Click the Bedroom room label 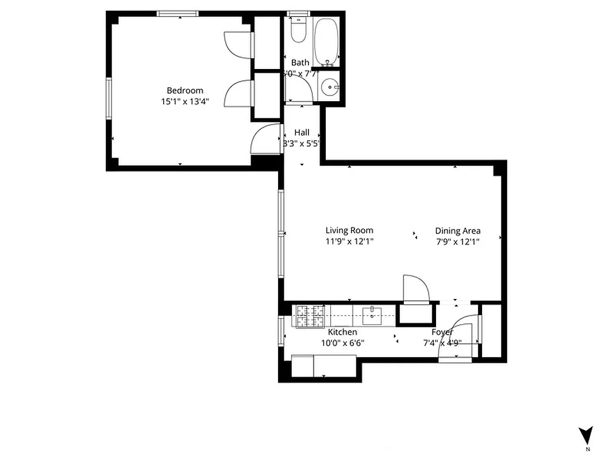[x=184, y=90]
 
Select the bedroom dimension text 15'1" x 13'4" [x=184, y=102]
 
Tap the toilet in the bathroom [x=298, y=30]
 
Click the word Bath [x=300, y=62]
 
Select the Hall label [x=302, y=132]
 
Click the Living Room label [x=349, y=231]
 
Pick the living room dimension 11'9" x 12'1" [x=349, y=241]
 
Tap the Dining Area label [x=457, y=231]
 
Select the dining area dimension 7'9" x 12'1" [x=457, y=241]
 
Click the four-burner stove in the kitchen [x=310, y=316]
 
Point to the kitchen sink [x=372, y=314]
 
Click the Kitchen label [x=342, y=332]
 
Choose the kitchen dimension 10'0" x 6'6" [x=342, y=343]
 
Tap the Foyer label [x=442, y=332]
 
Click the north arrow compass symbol [x=585, y=435]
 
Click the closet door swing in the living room [x=415, y=289]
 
